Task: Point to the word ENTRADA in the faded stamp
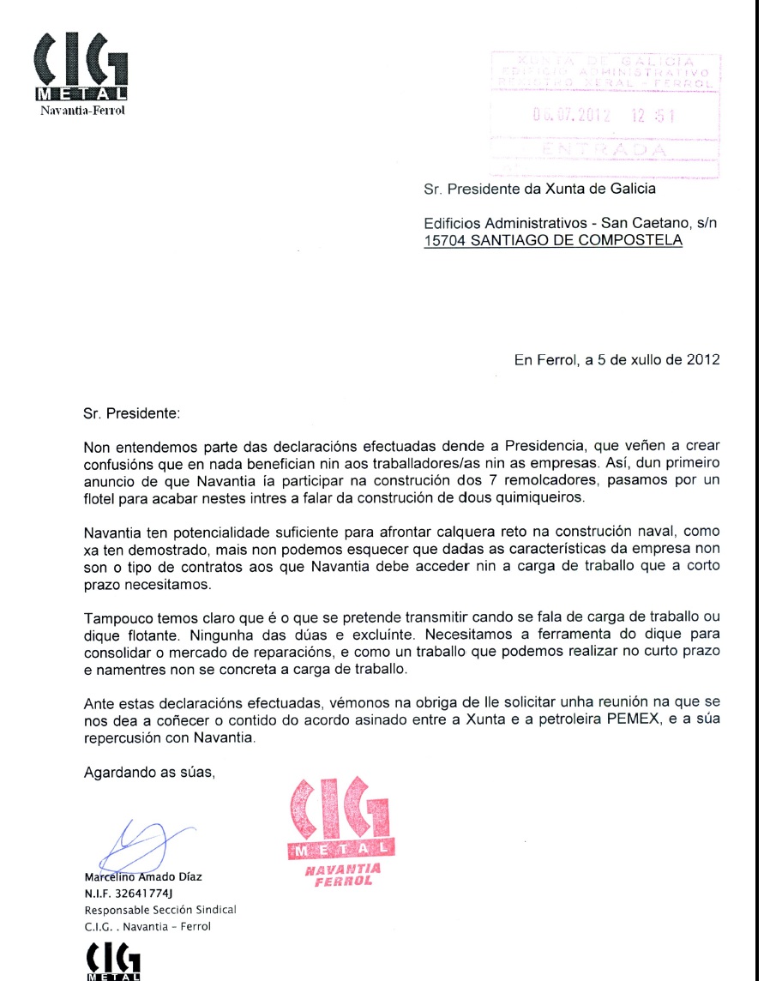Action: click(605, 149)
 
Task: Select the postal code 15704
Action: click(445, 241)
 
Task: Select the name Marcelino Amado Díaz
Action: click(143, 877)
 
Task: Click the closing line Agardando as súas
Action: click(148, 772)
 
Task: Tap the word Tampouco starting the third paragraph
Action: click(116, 618)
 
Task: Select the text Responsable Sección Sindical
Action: click(159, 910)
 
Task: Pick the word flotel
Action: click(101, 497)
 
